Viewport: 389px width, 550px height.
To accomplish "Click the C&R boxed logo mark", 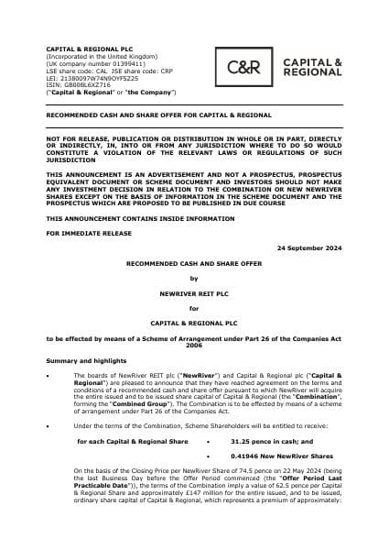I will click(247, 66).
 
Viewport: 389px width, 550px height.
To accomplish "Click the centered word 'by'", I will click(193, 279).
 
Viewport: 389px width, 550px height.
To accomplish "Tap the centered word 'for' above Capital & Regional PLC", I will click(193, 309).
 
